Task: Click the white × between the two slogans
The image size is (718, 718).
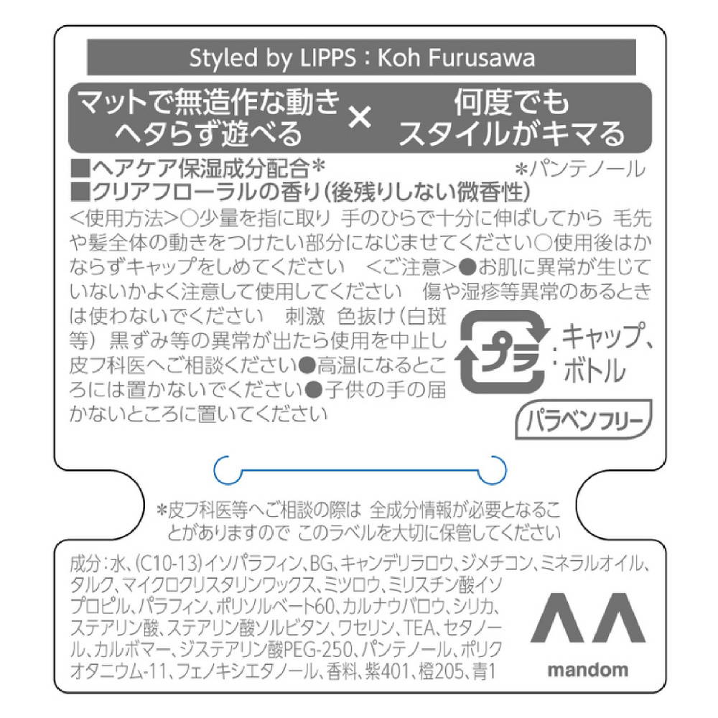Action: pyautogui.click(x=360, y=117)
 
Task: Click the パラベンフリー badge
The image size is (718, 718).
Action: pyautogui.click(x=583, y=419)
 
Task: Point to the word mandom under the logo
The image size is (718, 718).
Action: pyautogui.click(x=587, y=670)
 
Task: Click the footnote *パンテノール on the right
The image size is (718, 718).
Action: pyautogui.click(x=581, y=169)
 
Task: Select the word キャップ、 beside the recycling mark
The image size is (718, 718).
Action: pyautogui.click(x=606, y=337)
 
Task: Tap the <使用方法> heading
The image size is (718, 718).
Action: pyautogui.click(x=123, y=218)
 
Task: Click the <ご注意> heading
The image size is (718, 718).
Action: pyautogui.click(x=411, y=266)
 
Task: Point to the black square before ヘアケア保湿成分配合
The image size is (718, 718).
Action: pyautogui.click(x=80, y=168)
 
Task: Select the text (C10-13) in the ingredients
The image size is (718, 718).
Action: pyautogui.click(x=169, y=563)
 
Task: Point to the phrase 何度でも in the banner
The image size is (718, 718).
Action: pyautogui.click(x=511, y=102)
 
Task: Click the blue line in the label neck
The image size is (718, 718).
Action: pyautogui.click(x=360, y=470)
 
